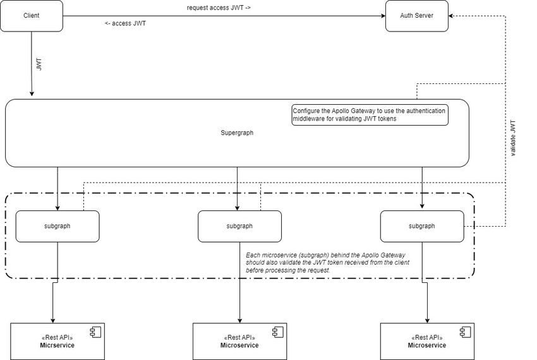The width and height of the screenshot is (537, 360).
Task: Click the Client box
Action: click(x=31, y=16)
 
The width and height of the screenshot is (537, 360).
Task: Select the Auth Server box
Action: click(x=416, y=16)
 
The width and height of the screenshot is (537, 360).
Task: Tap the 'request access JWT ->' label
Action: click(x=219, y=8)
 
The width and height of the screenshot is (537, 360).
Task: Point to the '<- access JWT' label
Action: click(x=125, y=23)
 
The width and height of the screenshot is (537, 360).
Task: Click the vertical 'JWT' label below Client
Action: click(x=39, y=64)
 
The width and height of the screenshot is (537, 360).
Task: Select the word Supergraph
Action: click(x=237, y=133)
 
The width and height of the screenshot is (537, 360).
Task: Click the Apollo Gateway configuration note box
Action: click(x=370, y=114)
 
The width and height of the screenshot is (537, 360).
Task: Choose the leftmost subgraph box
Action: click(x=57, y=226)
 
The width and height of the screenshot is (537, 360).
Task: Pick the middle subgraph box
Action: click(x=239, y=226)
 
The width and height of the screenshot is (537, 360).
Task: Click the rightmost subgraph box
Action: click(x=422, y=226)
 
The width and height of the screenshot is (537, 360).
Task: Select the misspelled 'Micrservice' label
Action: click(x=57, y=345)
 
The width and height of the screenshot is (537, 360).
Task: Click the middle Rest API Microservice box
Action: click(x=239, y=341)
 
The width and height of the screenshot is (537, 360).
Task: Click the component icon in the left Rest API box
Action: click(x=95, y=332)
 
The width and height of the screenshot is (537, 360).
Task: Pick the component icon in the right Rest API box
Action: click(x=465, y=332)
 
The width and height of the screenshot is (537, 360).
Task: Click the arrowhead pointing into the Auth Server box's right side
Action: click(x=452, y=16)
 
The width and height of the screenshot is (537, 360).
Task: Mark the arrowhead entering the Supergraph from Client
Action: click(x=31, y=94)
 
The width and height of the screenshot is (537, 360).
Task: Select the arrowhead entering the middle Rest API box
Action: click(x=239, y=320)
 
